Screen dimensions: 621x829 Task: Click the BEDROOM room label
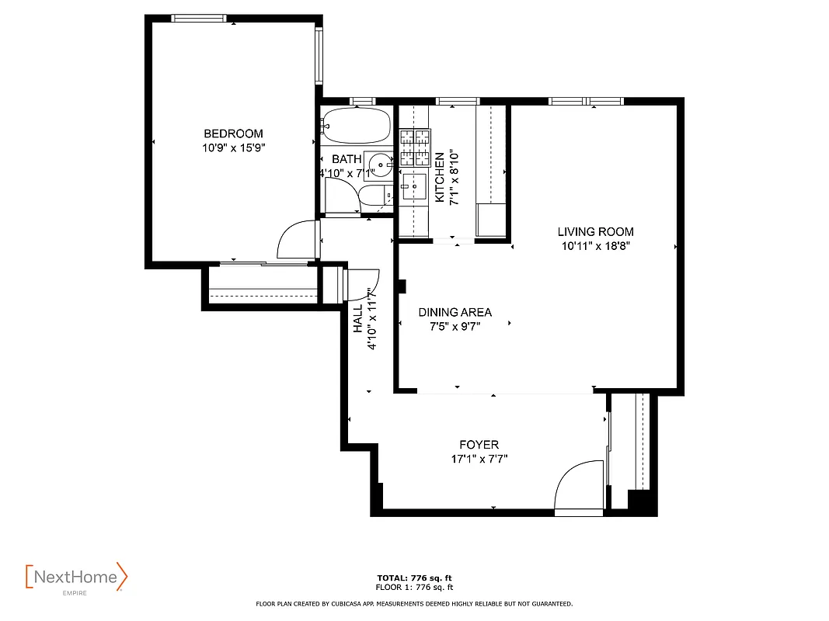[233, 134]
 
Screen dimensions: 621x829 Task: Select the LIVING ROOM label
[595, 231]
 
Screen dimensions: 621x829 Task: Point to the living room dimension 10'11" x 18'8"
[595, 246]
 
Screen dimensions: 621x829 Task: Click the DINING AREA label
[455, 312]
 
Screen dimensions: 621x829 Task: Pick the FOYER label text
[479, 445]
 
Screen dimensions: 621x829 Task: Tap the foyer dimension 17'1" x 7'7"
[479, 459]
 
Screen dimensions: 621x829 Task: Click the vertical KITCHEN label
[439, 177]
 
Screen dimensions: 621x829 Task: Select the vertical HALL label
[358, 318]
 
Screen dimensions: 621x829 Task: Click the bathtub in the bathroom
[357, 125]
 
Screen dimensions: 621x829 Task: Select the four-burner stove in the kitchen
[414, 148]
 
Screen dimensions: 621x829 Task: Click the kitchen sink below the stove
[414, 186]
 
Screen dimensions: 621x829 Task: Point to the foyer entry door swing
[579, 487]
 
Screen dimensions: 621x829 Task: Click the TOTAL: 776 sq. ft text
[414, 578]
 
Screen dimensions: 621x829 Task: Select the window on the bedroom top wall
[199, 18]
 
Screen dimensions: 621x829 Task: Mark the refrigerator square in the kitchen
[490, 219]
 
